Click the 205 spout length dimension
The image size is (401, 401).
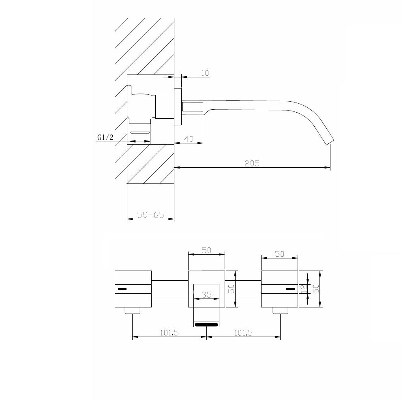coord(252,163)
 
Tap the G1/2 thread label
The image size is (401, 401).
coord(105,137)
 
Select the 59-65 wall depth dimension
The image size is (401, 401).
coord(150,215)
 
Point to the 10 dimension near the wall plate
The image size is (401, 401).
coord(205,73)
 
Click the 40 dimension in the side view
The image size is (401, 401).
coord(189,139)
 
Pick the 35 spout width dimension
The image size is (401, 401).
coord(206,294)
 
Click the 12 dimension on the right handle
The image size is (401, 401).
coord(304,289)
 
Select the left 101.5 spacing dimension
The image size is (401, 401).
coord(169,333)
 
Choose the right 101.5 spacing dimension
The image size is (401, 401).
coord(243,333)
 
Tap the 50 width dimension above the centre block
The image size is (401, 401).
coord(206,250)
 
